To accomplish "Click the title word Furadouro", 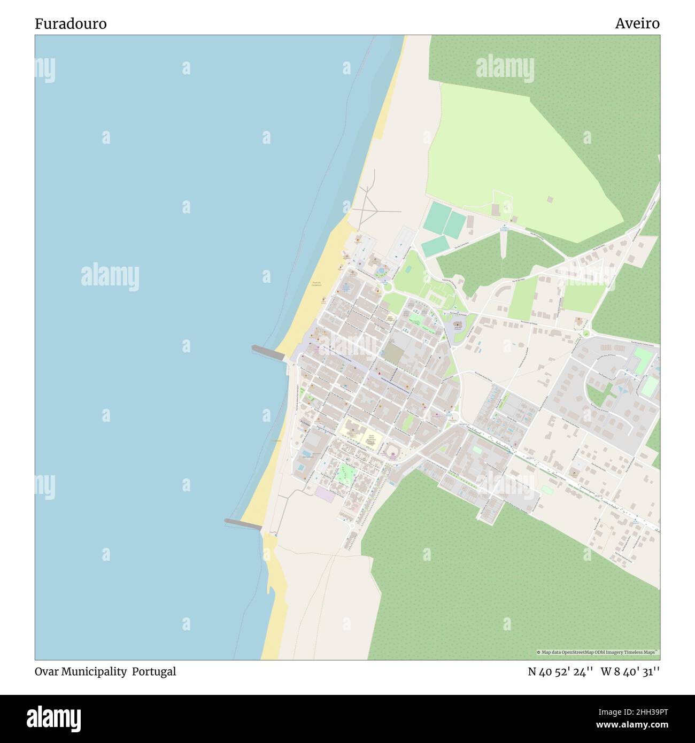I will pyautogui.click(x=71, y=24).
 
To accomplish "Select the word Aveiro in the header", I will pyautogui.click(x=637, y=24).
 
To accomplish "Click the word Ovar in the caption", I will pyautogui.click(x=47, y=671).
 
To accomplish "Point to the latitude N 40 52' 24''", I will pyautogui.click(x=560, y=671).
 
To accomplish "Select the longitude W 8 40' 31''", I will pyautogui.click(x=630, y=671).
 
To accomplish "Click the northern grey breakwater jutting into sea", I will pyautogui.click(x=268, y=352).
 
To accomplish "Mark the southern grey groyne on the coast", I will pyautogui.click(x=243, y=524).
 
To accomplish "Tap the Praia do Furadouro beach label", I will pyautogui.click(x=317, y=284).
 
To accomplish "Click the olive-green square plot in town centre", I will pyautogui.click(x=395, y=352).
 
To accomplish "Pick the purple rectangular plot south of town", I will pyautogui.click(x=325, y=494).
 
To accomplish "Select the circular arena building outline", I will pyautogui.click(x=392, y=448).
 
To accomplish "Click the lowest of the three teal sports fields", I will pyautogui.click(x=435, y=245).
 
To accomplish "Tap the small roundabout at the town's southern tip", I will pyautogui.click(x=352, y=527).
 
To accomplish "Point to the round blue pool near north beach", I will pyautogui.click(x=381, y=271).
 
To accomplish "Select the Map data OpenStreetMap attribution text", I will pyautogui.click(x=598, y=652).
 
